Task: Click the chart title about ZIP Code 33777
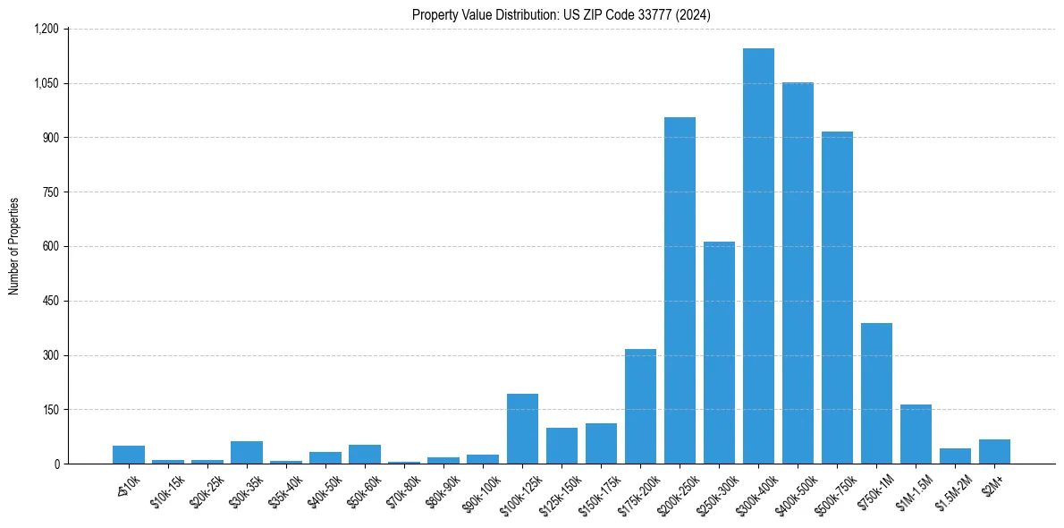(x=561, y=14)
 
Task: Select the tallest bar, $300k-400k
(x=758, y=256)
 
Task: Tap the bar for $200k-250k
(x=680, y=291)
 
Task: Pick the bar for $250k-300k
(x=719, y=353)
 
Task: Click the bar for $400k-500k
(x=798, y=273)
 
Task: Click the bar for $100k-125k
(x=522, y=429)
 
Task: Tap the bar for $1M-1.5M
(x=916, y=434)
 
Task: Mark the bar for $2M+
(x=994, y=452)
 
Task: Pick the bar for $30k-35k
(x=247, y=453)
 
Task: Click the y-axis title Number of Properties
(x=14, y=246)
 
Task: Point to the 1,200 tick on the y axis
(x=46, y=29)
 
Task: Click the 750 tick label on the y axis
(x=49, y=192)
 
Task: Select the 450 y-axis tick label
(x=49, y=301)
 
